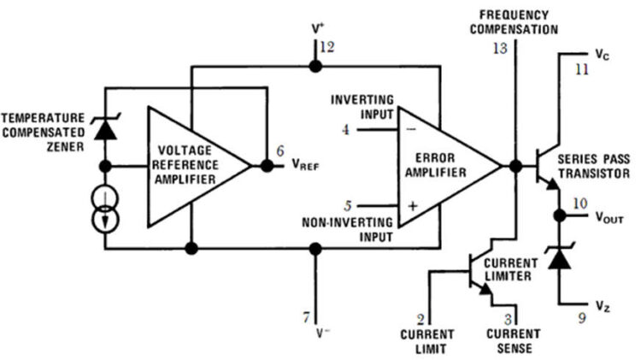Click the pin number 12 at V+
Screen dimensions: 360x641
(x=328, y=47)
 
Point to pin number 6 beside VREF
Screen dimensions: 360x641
(x=279, y=151)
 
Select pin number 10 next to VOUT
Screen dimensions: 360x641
(x=580, y=205)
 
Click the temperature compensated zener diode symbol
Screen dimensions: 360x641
(x=106, y=127)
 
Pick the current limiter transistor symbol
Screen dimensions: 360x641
(x=478, y=273)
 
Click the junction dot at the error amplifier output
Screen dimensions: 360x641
(x=515, y=166)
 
